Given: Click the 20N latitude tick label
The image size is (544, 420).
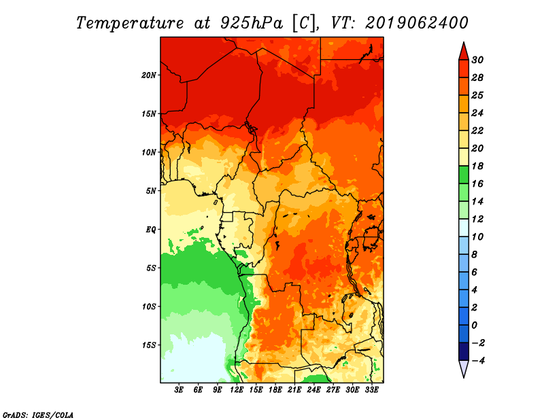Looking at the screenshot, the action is point(149,75).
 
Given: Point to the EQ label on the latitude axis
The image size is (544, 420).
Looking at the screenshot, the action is point(150,230).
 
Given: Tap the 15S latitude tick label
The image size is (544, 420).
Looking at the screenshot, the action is point(149,345).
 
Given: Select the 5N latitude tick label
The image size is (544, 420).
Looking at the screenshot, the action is point(151,191).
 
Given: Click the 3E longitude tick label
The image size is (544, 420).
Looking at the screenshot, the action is point(179,390).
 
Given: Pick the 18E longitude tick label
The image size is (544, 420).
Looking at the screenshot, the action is point(275,390).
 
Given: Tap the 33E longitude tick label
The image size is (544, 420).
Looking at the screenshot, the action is point(371,390).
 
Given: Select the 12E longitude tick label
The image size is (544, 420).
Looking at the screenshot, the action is point(237,390).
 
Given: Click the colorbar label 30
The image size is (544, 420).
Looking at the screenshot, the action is point(477,60).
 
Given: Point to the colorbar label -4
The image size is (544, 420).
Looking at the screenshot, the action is point(478,361).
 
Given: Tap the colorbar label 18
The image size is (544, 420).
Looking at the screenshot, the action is point(477,166).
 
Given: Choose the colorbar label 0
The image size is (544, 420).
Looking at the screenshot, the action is point(474,326).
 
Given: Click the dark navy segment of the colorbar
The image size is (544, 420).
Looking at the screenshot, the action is point(464,351).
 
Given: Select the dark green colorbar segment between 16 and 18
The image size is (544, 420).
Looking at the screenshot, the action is point(464,175).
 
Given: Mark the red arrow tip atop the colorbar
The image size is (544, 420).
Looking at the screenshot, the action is point(464,42).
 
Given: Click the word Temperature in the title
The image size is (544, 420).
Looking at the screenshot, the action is point(130,23).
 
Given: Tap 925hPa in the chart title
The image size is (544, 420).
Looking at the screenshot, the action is point(252,23).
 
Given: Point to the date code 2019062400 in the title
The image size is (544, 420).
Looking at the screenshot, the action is point(416,23).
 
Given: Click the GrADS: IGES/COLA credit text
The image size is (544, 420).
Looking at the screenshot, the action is point(38,415).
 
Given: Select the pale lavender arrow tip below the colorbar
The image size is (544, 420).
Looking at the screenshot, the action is point(464,377).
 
